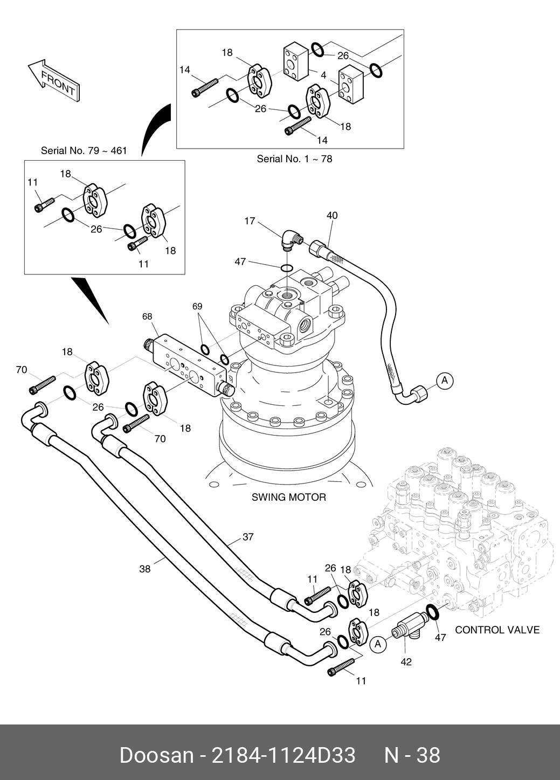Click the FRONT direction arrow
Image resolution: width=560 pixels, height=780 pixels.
54,80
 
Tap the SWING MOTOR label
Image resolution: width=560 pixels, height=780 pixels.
288,497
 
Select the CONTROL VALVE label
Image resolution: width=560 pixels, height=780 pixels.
497,630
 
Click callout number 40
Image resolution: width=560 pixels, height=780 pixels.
332,216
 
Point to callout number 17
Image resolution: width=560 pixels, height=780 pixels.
250,221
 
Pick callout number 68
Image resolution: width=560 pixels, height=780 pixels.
147,316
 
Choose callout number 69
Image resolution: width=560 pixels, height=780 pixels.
197,306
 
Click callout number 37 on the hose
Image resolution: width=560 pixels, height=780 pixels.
247,537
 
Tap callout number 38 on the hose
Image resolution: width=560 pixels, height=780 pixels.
145,569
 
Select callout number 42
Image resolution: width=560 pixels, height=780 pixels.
406,661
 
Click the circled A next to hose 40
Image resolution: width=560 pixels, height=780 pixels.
445,381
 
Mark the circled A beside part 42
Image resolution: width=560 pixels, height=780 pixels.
378,643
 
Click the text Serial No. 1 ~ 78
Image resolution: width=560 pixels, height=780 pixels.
294,158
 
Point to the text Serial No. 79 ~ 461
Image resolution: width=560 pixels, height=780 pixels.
84,150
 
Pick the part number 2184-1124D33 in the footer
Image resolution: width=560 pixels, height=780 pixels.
284,755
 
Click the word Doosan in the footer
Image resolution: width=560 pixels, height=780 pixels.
156,755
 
